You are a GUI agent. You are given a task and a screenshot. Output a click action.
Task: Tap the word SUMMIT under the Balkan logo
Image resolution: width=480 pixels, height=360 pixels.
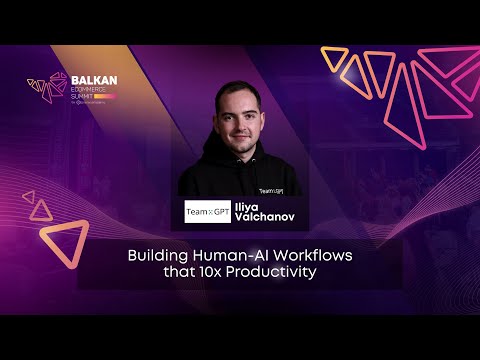[x=84, y=96]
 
